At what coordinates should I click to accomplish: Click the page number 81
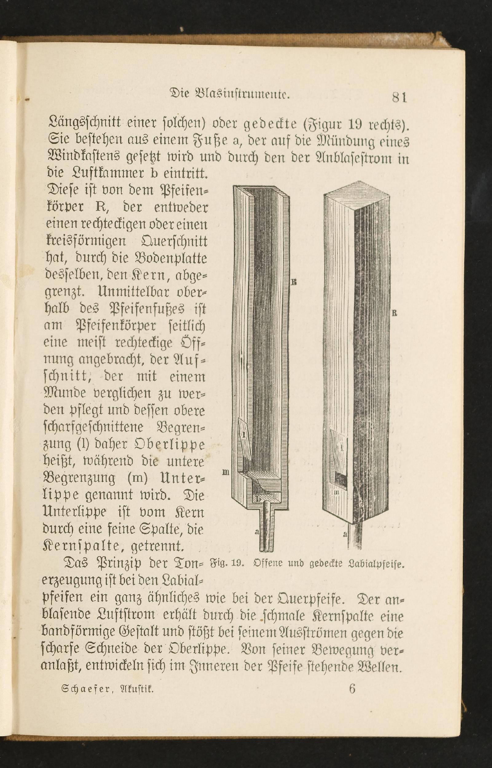[400, 97]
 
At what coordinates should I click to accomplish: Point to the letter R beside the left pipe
[294, 282]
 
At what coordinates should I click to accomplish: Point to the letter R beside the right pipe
[395, 314]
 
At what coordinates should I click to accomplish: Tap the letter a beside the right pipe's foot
[345, 533]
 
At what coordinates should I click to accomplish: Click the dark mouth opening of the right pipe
[340, 479]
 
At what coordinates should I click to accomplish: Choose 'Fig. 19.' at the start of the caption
[227, 563]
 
